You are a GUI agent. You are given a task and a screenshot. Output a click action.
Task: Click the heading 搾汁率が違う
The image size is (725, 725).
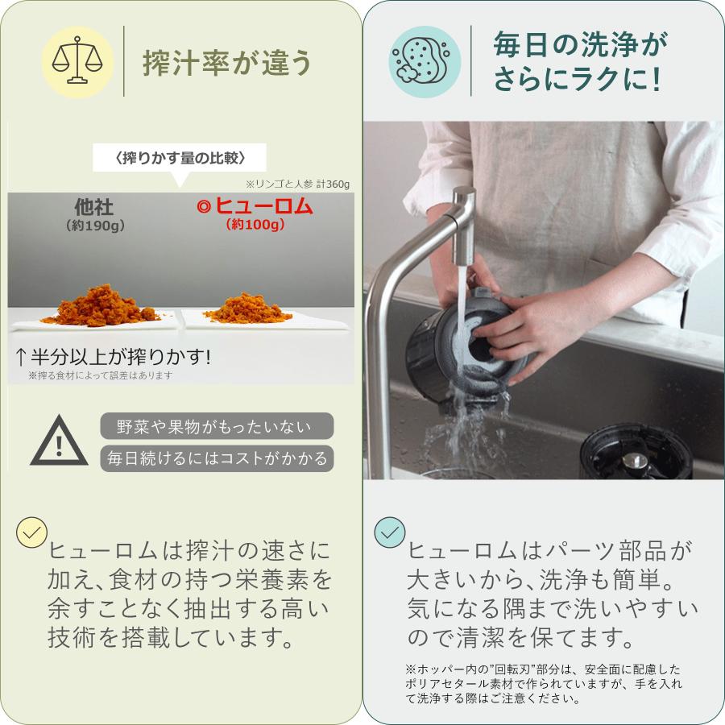[x=227, y=62]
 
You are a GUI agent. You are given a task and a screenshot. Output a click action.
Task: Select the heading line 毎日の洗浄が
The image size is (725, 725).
[x=580, y=44]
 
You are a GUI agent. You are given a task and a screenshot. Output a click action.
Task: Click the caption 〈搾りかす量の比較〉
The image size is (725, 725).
[x=180, y=156]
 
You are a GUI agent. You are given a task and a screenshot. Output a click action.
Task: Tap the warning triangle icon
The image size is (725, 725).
[x=59, y=441]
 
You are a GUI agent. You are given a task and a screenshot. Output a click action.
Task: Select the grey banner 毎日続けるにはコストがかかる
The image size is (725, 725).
[x=217, y=458]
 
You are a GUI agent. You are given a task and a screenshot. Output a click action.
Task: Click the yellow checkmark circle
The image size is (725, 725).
[x=32, y=533]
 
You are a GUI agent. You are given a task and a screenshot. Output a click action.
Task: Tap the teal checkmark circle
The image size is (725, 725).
[x=391, y=533]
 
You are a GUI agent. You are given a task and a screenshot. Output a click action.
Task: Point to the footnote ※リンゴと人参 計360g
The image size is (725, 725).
[x=298, y=184]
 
